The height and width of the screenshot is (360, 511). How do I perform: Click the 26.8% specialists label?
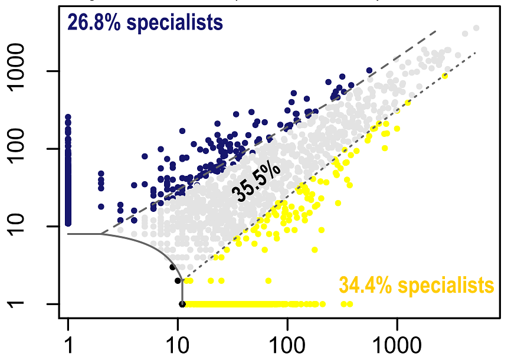(145, 22)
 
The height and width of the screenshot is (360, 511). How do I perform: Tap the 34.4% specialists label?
(416, 285)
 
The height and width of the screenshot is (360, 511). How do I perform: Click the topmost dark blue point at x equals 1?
(68, 117)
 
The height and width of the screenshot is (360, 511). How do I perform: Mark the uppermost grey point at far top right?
(476, 28)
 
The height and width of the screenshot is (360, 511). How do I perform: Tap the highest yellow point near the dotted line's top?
(446, 76)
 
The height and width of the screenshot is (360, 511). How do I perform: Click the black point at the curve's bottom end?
(182, 304)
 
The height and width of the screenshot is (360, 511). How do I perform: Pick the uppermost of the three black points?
(172, 267)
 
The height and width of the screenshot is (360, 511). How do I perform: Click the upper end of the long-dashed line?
(435, 31)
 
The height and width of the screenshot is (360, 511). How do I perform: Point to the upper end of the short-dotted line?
(475, 52)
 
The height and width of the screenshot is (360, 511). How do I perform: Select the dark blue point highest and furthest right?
(369, 70)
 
